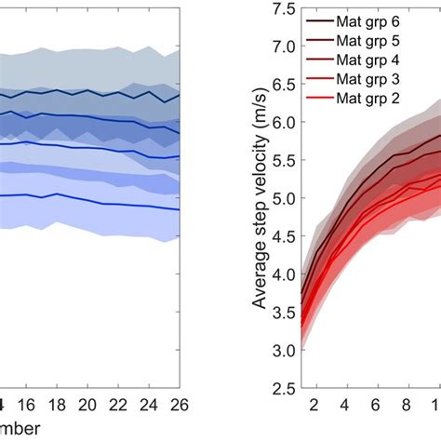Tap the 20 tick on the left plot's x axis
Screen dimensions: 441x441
[x=87, y=406]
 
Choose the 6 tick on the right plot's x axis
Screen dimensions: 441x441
[x=376, y=406]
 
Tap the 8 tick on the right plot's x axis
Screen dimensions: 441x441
[x=407, y=406]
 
